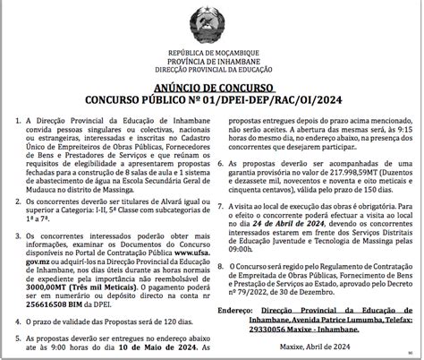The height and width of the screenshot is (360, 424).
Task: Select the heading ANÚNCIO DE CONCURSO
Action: [x=212, y=89]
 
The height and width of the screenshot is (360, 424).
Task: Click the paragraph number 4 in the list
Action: [x=19, y=309]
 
